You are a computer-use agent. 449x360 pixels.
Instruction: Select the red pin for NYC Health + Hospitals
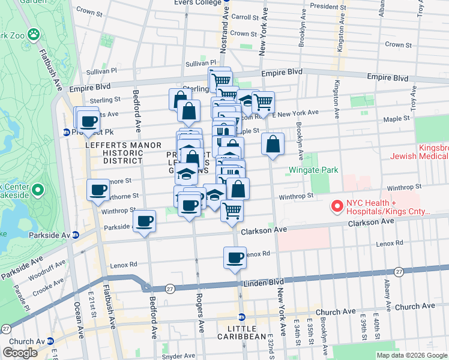(337, 206)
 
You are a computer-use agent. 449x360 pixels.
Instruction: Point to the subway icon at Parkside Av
(75, 235)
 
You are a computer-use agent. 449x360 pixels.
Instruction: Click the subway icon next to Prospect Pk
(66, 132)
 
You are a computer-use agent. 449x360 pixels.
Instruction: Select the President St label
(325, 6)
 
